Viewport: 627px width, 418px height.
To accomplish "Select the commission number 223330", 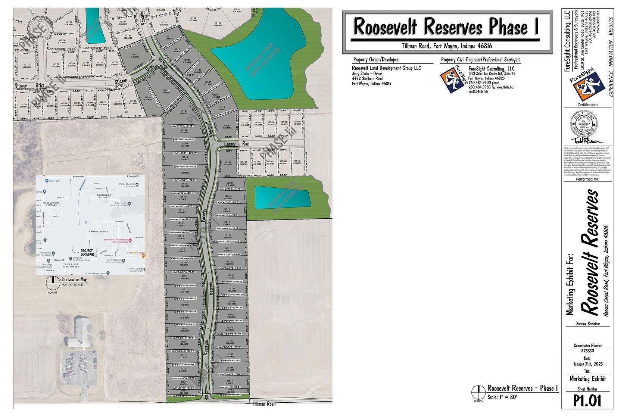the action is tap(588, 351).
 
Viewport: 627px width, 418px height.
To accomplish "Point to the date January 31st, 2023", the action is tap(588, 364).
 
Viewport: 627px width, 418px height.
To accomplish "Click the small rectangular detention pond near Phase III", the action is tap(282, 197).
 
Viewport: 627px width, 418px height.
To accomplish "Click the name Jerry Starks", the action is tap(361, 74).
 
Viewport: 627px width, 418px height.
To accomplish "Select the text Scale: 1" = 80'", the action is tap(502, 397).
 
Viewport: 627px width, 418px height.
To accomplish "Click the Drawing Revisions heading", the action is tap(588, 324).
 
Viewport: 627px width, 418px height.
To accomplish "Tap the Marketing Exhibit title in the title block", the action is tap(588, 379).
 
